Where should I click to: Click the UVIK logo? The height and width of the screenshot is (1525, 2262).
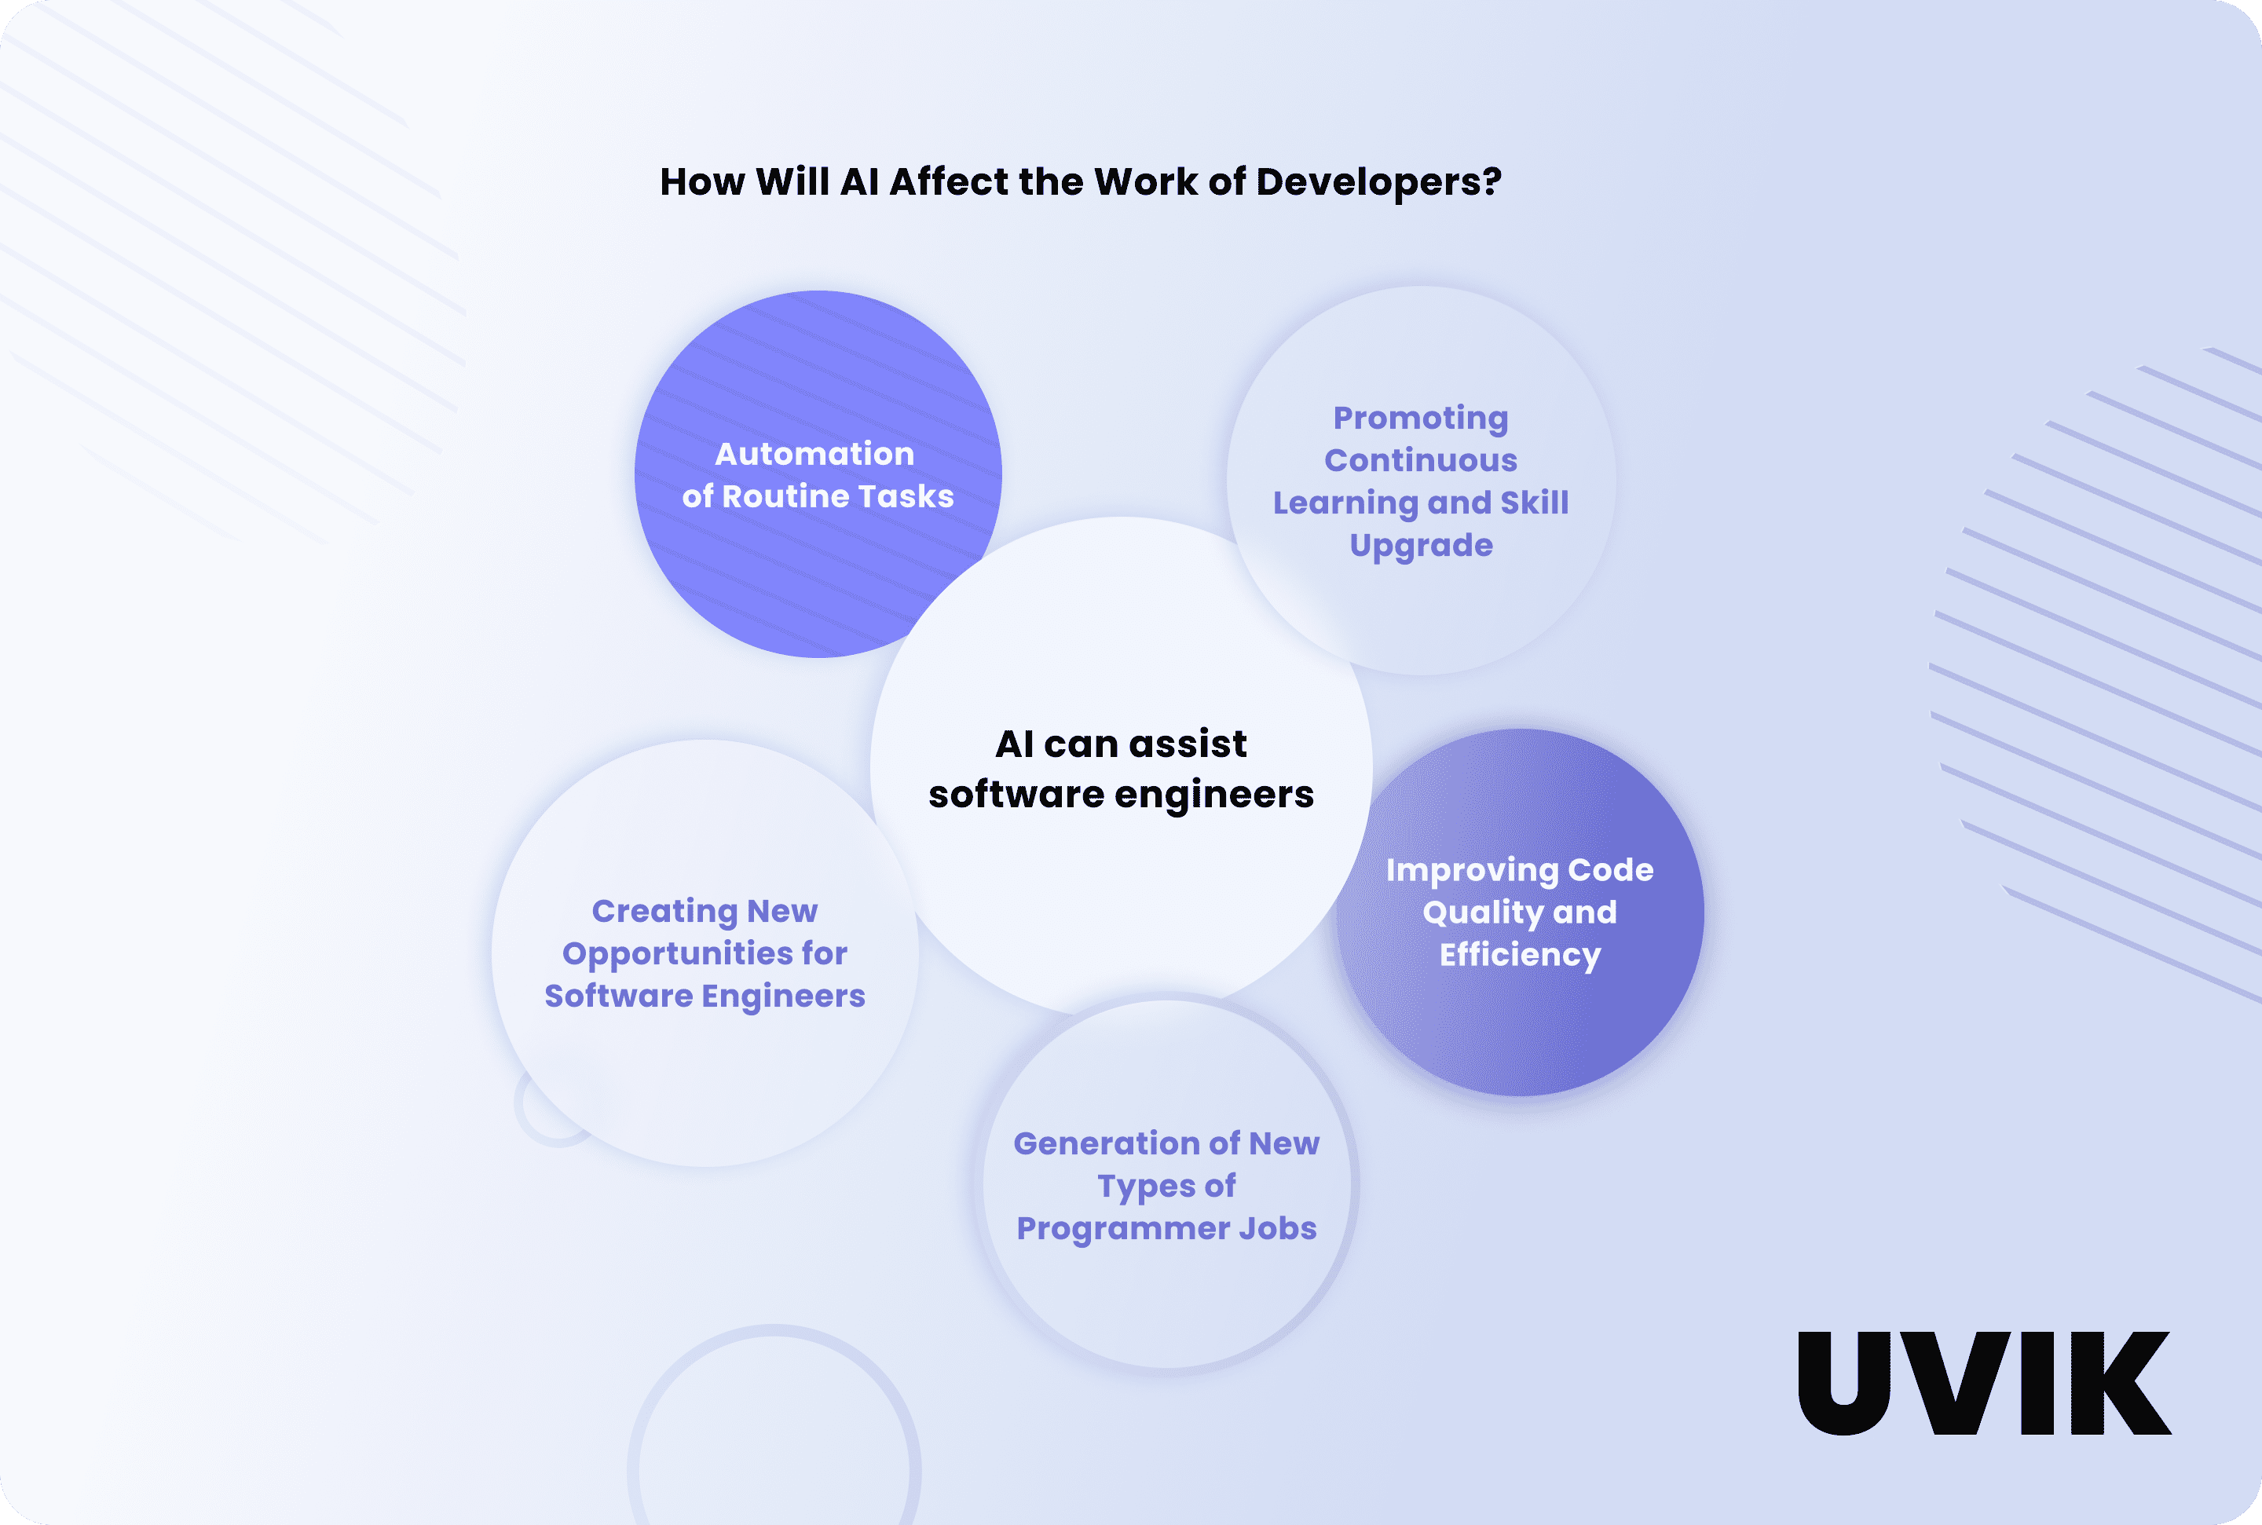click(x=1983, y=1383)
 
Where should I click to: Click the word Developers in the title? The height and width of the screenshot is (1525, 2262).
click(x=1371, y=183)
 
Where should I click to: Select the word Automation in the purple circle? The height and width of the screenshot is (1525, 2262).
click(x=815, y=454)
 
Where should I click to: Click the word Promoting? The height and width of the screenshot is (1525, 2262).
click(x=1421, y=419)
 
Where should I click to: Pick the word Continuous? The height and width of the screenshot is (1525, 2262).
click(x=1421, y=460)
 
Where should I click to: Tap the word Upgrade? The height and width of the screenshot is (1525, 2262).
click(x=1421, y=546)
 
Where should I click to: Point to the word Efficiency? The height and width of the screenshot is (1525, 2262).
click(x=1520, y=955)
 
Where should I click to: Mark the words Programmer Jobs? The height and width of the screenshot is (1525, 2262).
click(x=1166, y=1228)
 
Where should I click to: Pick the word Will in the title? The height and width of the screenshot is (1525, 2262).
click(x=792, y=182)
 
